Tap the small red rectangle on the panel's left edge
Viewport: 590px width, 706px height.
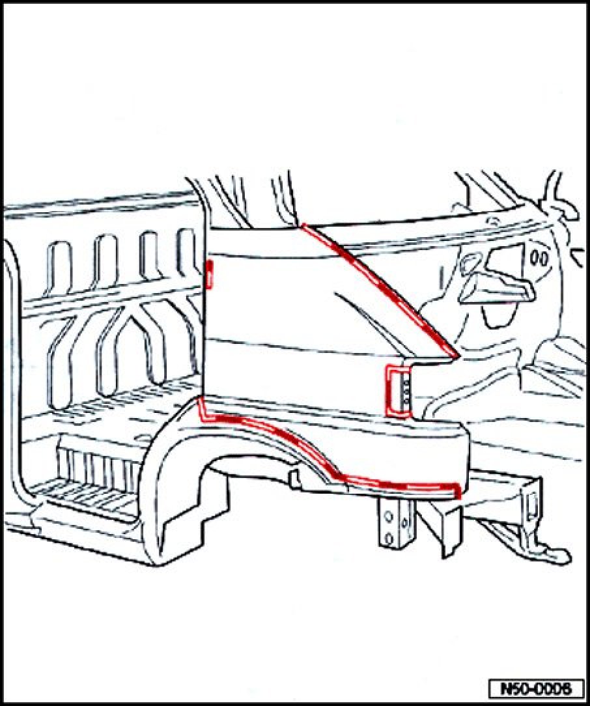pyautogui.click(x=210, y=273)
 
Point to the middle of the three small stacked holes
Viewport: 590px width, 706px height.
pyautogui.click(x=404, y=389)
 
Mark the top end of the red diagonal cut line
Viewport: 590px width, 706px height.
pyautogui.click(x=303, y=226)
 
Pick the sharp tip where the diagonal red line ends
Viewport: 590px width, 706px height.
pyautogui.click(x=455, y=356)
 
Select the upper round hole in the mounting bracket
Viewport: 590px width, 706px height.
pyautogui.click(x=388, y=515)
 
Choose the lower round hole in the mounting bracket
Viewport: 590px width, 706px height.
pyautogui.click(x=388, y=538)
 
